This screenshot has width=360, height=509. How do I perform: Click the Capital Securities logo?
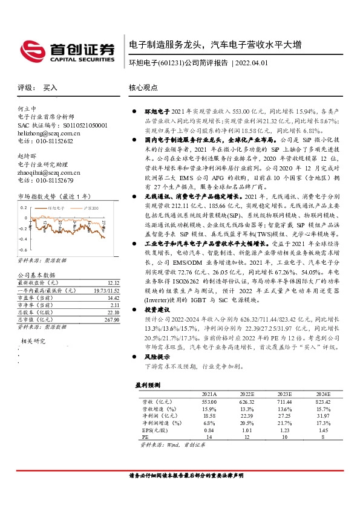point(67,51)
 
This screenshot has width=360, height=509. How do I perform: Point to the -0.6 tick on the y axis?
point(23,249)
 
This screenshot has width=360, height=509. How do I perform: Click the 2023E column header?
point(286,394)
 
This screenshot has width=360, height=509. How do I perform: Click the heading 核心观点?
point(143,87)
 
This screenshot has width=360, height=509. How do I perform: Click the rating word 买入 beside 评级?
point(50,88)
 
